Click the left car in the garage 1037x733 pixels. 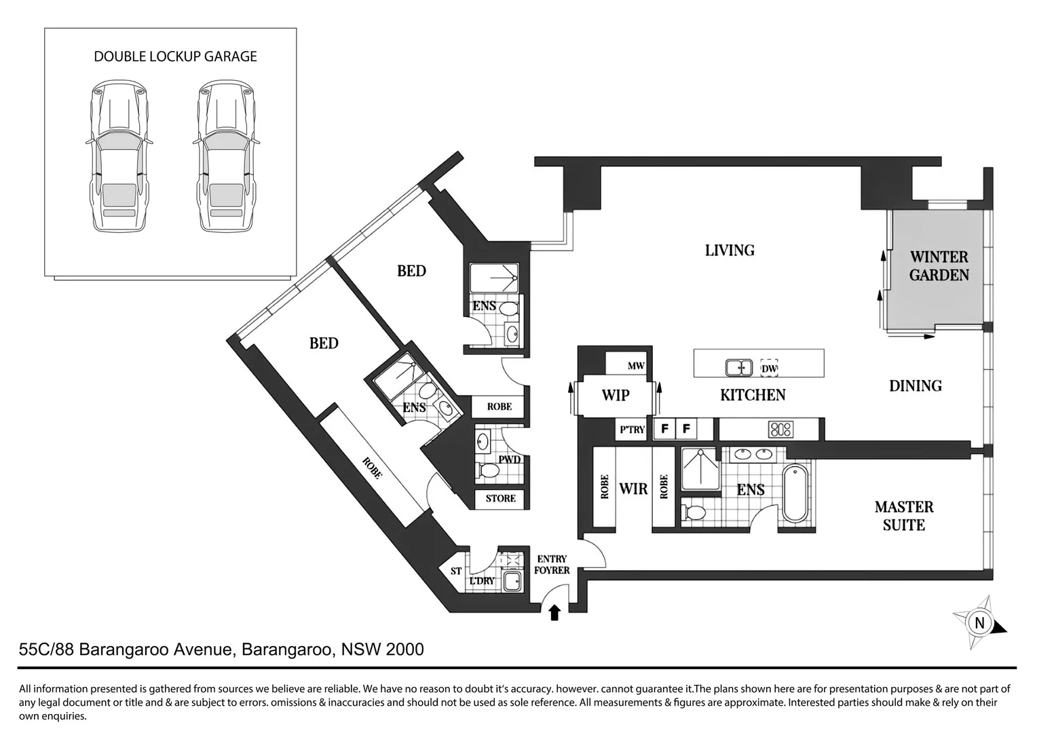(119, 158)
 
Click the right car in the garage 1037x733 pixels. (226, 158)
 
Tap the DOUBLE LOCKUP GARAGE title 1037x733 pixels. (175, 56)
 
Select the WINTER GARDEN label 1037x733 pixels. (939, 266)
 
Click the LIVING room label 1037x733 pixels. (730, 250)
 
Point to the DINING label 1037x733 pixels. (915, 386)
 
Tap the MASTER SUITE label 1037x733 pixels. (903, 516)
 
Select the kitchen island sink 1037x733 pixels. (738, 367)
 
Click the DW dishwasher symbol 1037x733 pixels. (769, 368)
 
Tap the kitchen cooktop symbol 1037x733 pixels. (780, 429)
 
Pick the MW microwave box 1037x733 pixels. (635, 366)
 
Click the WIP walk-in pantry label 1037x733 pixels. (615, 395)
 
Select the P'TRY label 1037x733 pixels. (632, 430)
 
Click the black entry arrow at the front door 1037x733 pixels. (554, 613)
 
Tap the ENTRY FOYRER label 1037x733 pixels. (551, 565)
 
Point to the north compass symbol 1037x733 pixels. (979, 622)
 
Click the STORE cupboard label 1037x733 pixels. (501, 498)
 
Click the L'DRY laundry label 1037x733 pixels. (482, 582)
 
